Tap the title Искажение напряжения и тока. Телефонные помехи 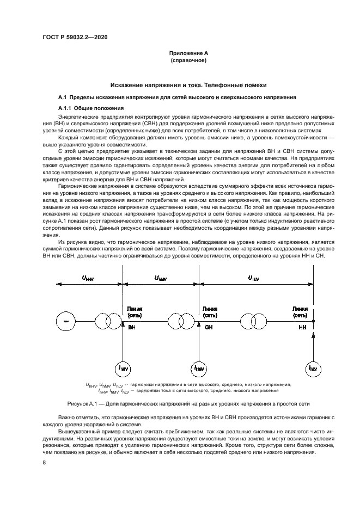tap(180, 85)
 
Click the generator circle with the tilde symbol tap(65, 321)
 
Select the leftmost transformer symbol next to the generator tap(106, 321)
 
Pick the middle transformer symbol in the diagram tap(182, 321)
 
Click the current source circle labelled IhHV tap(124, 369)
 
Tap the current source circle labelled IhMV tap(199, 369)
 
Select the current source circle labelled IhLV tap(313, 369)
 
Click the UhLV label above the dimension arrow tap(253, 278)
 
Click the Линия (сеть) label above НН tap(300, 311)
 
